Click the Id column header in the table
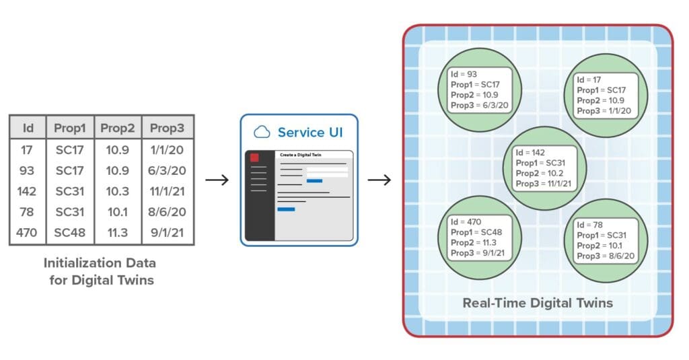pos(28,127)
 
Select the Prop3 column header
pos(167,127)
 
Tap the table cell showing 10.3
pos(117,191)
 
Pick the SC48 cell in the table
pos(69,233)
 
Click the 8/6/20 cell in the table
pos(167,213)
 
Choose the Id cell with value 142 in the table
pos(28,191)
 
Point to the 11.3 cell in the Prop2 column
pos(117,233)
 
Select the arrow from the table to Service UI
pos(217,180)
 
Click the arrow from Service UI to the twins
pos(379,180)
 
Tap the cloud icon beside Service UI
pos(261,133)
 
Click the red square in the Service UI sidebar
pos(254,157)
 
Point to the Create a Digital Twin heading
pos(299,155)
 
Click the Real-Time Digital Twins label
pos(538,303)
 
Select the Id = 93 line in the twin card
pos(464,74)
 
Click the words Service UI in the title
pos(310,133)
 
